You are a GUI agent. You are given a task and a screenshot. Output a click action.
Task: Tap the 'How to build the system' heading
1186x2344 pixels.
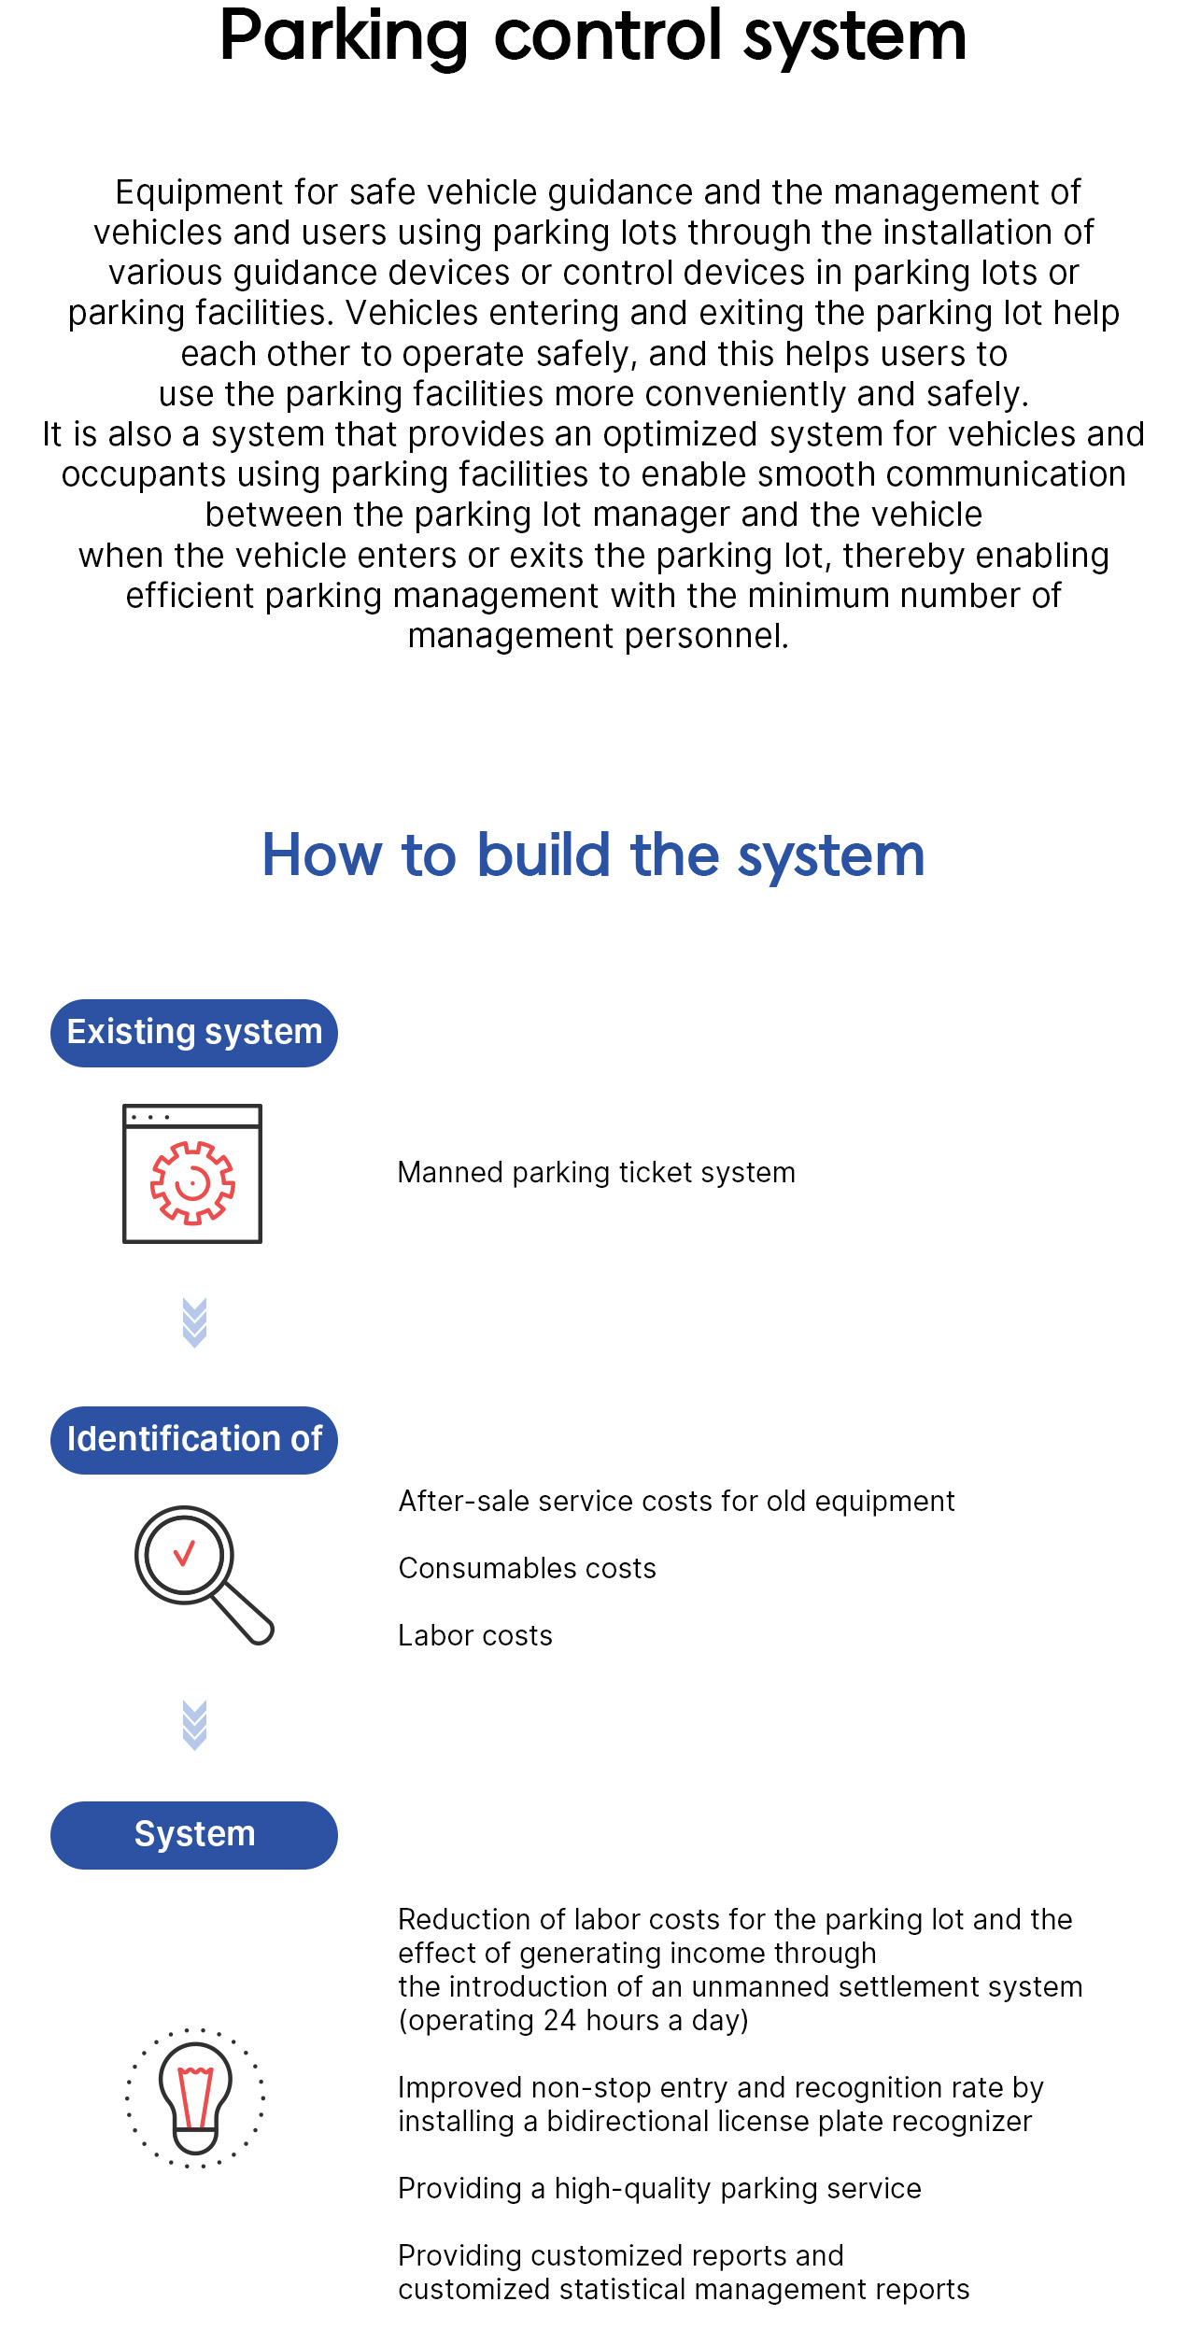(x=593, y=854)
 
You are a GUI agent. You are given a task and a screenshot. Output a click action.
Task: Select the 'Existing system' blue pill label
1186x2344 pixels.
(x=194, y=1033)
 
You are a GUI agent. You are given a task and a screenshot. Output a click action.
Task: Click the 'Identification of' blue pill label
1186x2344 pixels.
(x=194, y=1440)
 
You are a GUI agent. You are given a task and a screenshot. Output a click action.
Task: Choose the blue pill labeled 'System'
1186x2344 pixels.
(x=194, y=1835)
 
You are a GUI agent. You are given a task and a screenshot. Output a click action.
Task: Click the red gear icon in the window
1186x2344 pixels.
(x=192, y=1182)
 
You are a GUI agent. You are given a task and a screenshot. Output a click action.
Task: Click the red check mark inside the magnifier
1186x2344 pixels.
(x=184, y=1552)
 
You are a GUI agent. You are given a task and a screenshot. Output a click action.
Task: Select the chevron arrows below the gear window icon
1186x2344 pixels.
(x=194, y=1323)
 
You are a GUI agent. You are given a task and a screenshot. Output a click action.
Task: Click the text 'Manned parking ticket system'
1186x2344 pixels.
(x=597, y=1172)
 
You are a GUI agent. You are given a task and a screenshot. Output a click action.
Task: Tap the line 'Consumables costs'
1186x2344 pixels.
(x=528, y=1568)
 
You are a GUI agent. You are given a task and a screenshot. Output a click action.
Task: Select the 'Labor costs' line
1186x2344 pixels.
(x=475, y=1635)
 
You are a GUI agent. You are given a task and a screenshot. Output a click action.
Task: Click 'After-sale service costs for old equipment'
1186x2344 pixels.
(x=677, y=1501)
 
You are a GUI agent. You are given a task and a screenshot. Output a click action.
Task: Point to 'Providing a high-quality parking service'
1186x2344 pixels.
(x=660, y=2188)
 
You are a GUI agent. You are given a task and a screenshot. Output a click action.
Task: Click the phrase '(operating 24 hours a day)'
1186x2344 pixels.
(x=573, y=2020)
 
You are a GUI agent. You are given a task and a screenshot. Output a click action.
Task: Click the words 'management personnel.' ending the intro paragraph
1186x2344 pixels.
(x=599, y=636)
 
